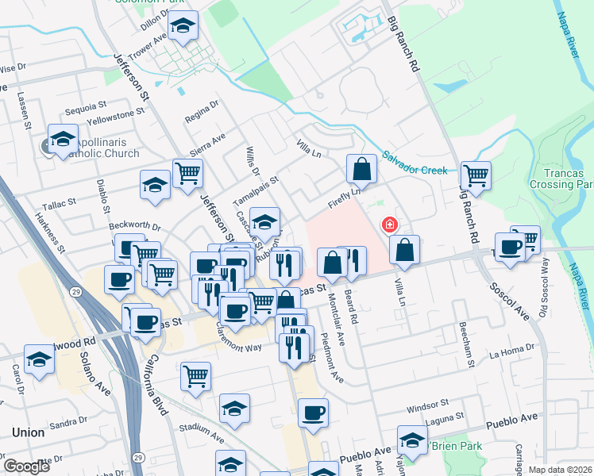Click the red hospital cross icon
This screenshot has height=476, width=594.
[x=390, y=225]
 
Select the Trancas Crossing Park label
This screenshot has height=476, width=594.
[x=562, y=178]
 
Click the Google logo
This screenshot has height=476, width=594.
[x=26, y=466]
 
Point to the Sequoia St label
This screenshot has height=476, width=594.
[x=87, y=106]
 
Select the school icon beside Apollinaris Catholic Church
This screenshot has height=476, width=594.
[x=63, y=139]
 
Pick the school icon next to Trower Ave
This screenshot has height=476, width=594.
[x=183, y=29]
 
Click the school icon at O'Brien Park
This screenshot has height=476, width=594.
[x=412, y=440]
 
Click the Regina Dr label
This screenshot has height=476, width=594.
[x=201, y=112]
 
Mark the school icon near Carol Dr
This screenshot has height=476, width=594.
[x=39, y=359]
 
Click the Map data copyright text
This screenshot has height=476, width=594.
[x=560, y=470]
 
